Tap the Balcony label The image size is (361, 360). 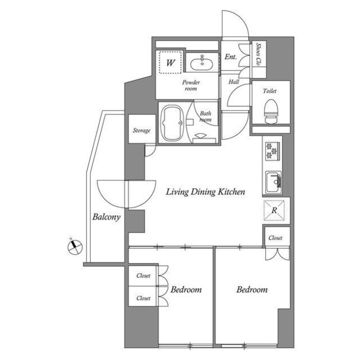pyautogui.click(x=106, y=217)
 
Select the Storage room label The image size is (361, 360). pyautogui.click(x=141, y=131)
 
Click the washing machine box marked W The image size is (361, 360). pyautogui.click(x=170, y=61)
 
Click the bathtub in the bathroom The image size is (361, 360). pyautogui.click(x=171, y=123)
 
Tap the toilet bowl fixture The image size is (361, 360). pyautogui.click(x=270, y=109)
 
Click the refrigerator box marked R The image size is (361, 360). pyautogui.click(x=275, y=210)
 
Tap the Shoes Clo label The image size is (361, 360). pyautogui.click(x=259, y=52)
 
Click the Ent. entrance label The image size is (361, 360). pyautogui.click(x=230, y=57)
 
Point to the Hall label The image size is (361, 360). pyautogui.click(x=234, y=82)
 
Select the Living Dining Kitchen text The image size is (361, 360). pyautogui.click(x=205, y=192)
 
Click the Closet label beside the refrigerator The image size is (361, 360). pyautogui.click(x=275, y=238)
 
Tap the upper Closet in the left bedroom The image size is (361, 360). pyautogui.click(x=143, y=276)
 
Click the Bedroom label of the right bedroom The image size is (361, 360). pyautogui.click(x=252, y=290)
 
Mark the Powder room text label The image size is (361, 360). pyautogui.click(x=191, y=85)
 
